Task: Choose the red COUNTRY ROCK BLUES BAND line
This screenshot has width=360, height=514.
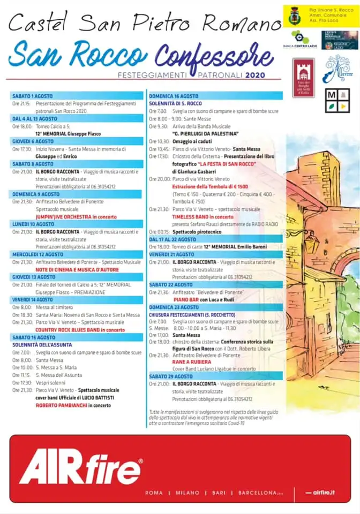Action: tap(80, 330)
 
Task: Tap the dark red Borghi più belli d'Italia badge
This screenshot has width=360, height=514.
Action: tap(303, 78)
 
